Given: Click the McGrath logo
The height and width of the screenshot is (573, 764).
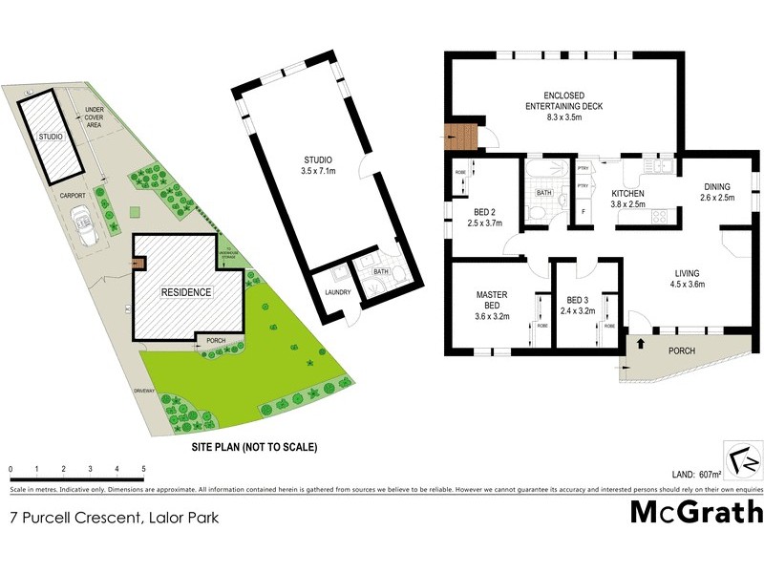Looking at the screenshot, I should pos(697,512).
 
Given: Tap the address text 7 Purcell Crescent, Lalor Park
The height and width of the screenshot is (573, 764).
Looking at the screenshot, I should pos(114,519).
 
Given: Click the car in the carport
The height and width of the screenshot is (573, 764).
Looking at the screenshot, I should pos(83,230).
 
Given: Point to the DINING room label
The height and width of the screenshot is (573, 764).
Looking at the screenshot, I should pos(717,192).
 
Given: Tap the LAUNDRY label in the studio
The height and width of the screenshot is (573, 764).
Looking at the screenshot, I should pos(338,292).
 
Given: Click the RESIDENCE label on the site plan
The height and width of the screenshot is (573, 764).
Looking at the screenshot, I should pos(185,292).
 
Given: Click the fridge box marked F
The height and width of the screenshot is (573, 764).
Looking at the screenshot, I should pos(582,209).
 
